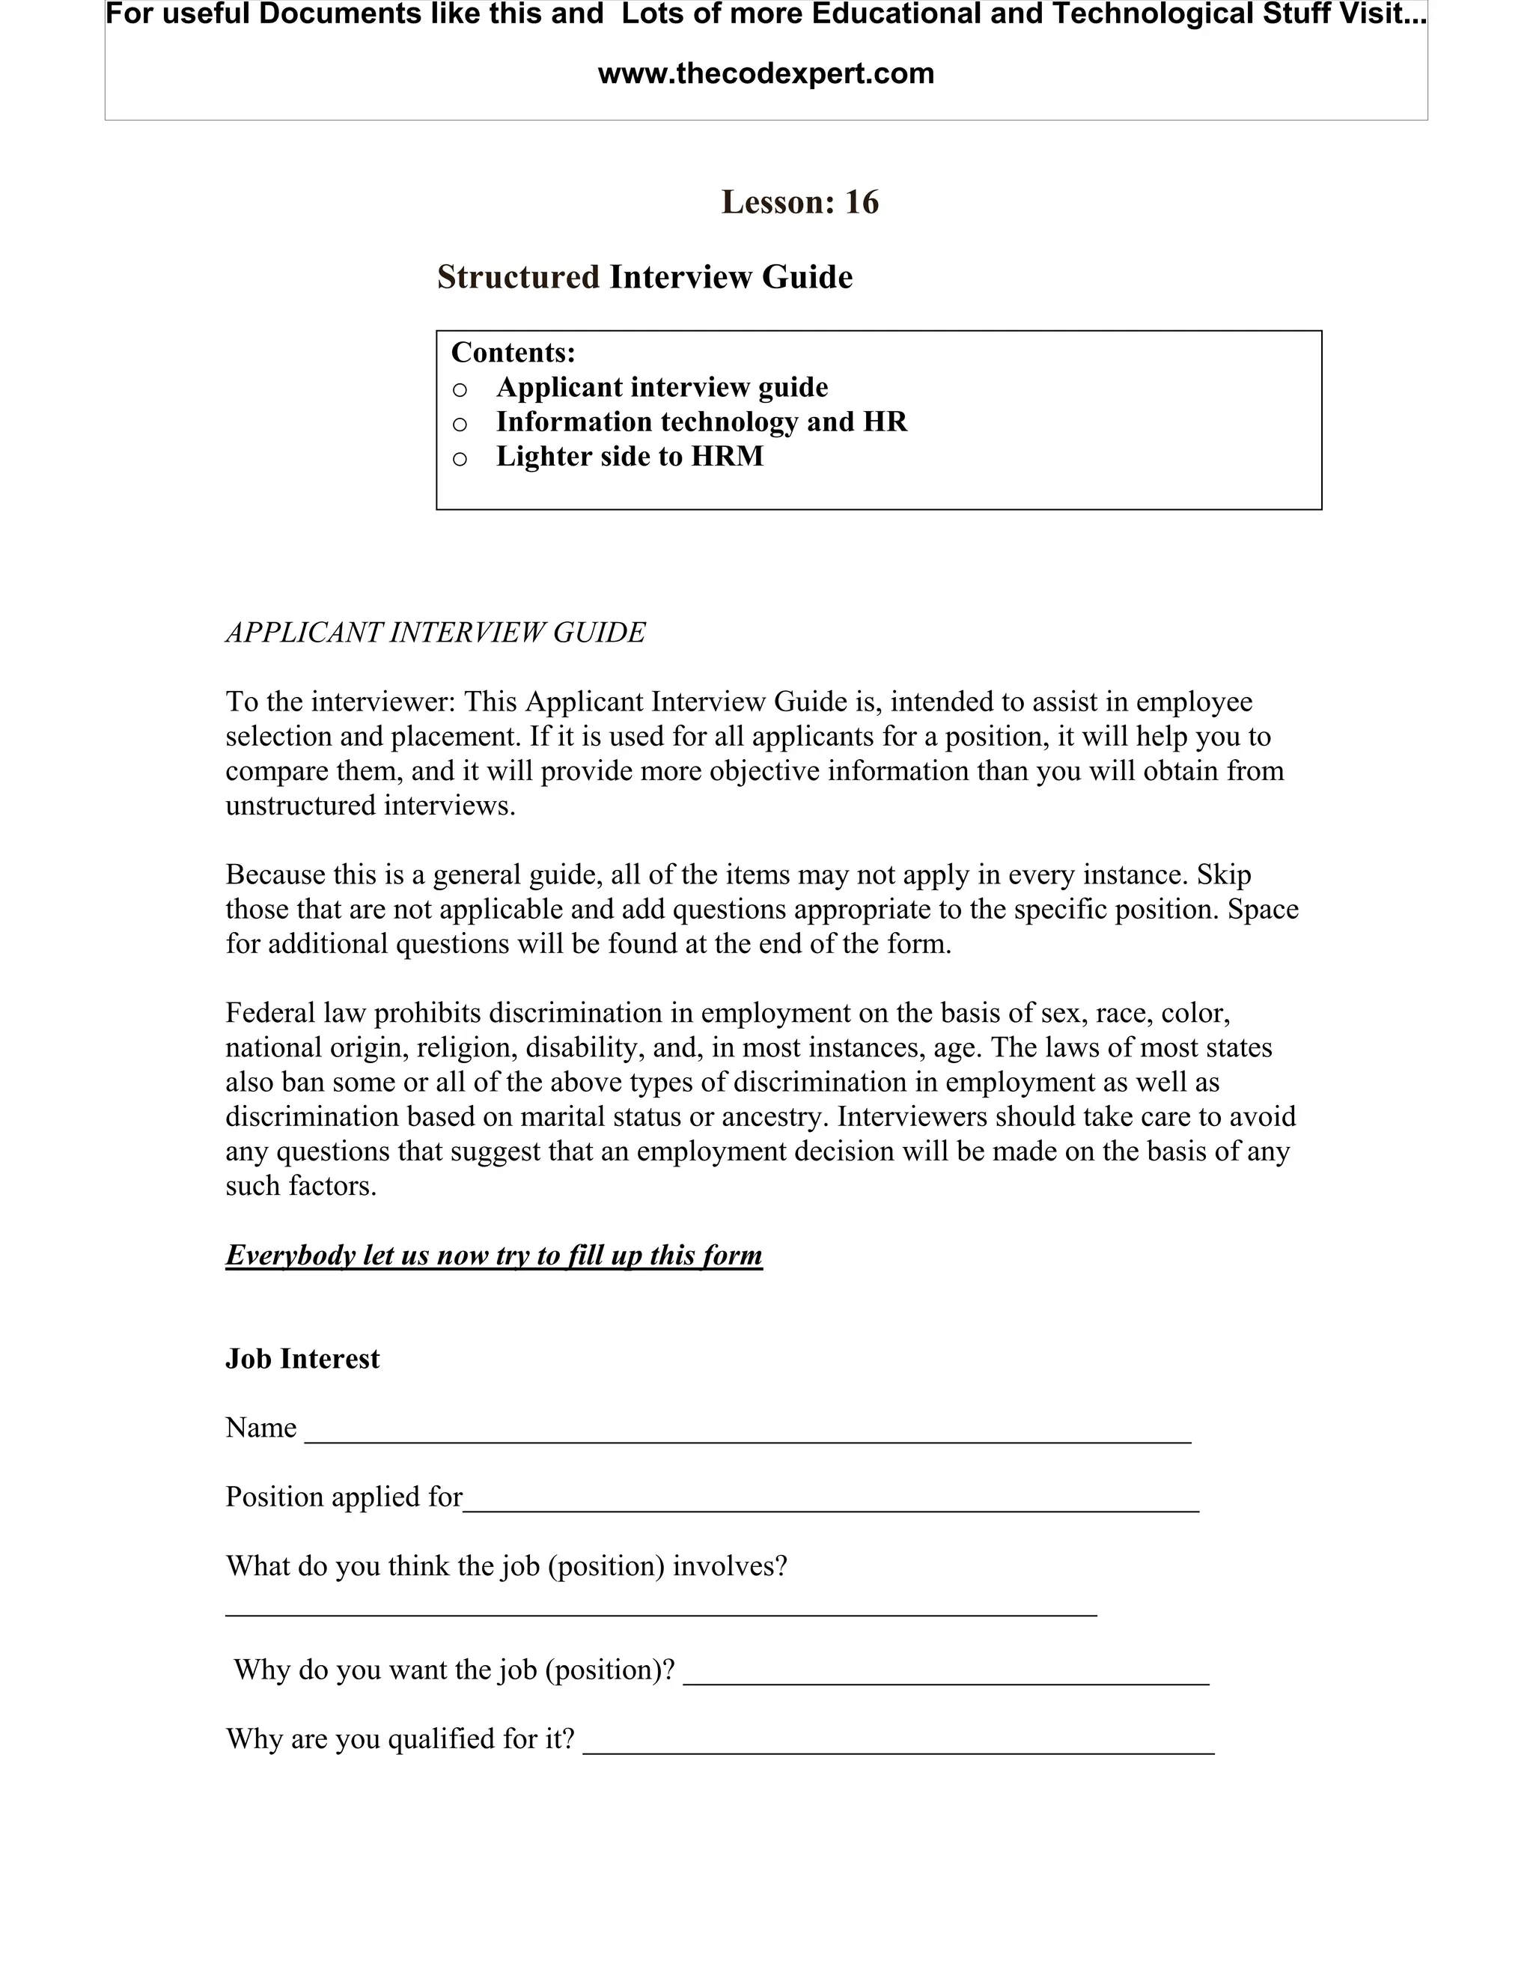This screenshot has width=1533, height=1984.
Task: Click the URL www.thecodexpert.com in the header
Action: click(766, 73)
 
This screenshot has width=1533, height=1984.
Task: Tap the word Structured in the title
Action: click(518, 277)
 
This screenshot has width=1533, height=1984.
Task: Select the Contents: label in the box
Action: click(513, 353)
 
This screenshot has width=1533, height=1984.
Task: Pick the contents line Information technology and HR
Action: click(701, 422)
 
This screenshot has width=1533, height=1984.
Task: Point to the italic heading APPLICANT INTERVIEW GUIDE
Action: click(435, 633)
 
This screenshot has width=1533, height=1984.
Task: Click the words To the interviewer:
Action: click(341, 702)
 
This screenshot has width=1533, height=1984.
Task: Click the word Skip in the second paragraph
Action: click(1223, 874)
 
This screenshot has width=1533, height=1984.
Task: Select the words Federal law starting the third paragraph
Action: click(296, 1013)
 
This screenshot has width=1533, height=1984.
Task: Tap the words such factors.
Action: click(301, 1185)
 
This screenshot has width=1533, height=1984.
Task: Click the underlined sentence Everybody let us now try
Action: click(493, 1256)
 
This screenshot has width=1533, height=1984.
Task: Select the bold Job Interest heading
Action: click(302, 1359)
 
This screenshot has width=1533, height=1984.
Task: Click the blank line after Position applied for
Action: click(830, 1504)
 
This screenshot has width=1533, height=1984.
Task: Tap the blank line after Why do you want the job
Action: click(945, 1677)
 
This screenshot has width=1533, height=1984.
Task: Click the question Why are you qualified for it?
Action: click(400, 1738)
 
